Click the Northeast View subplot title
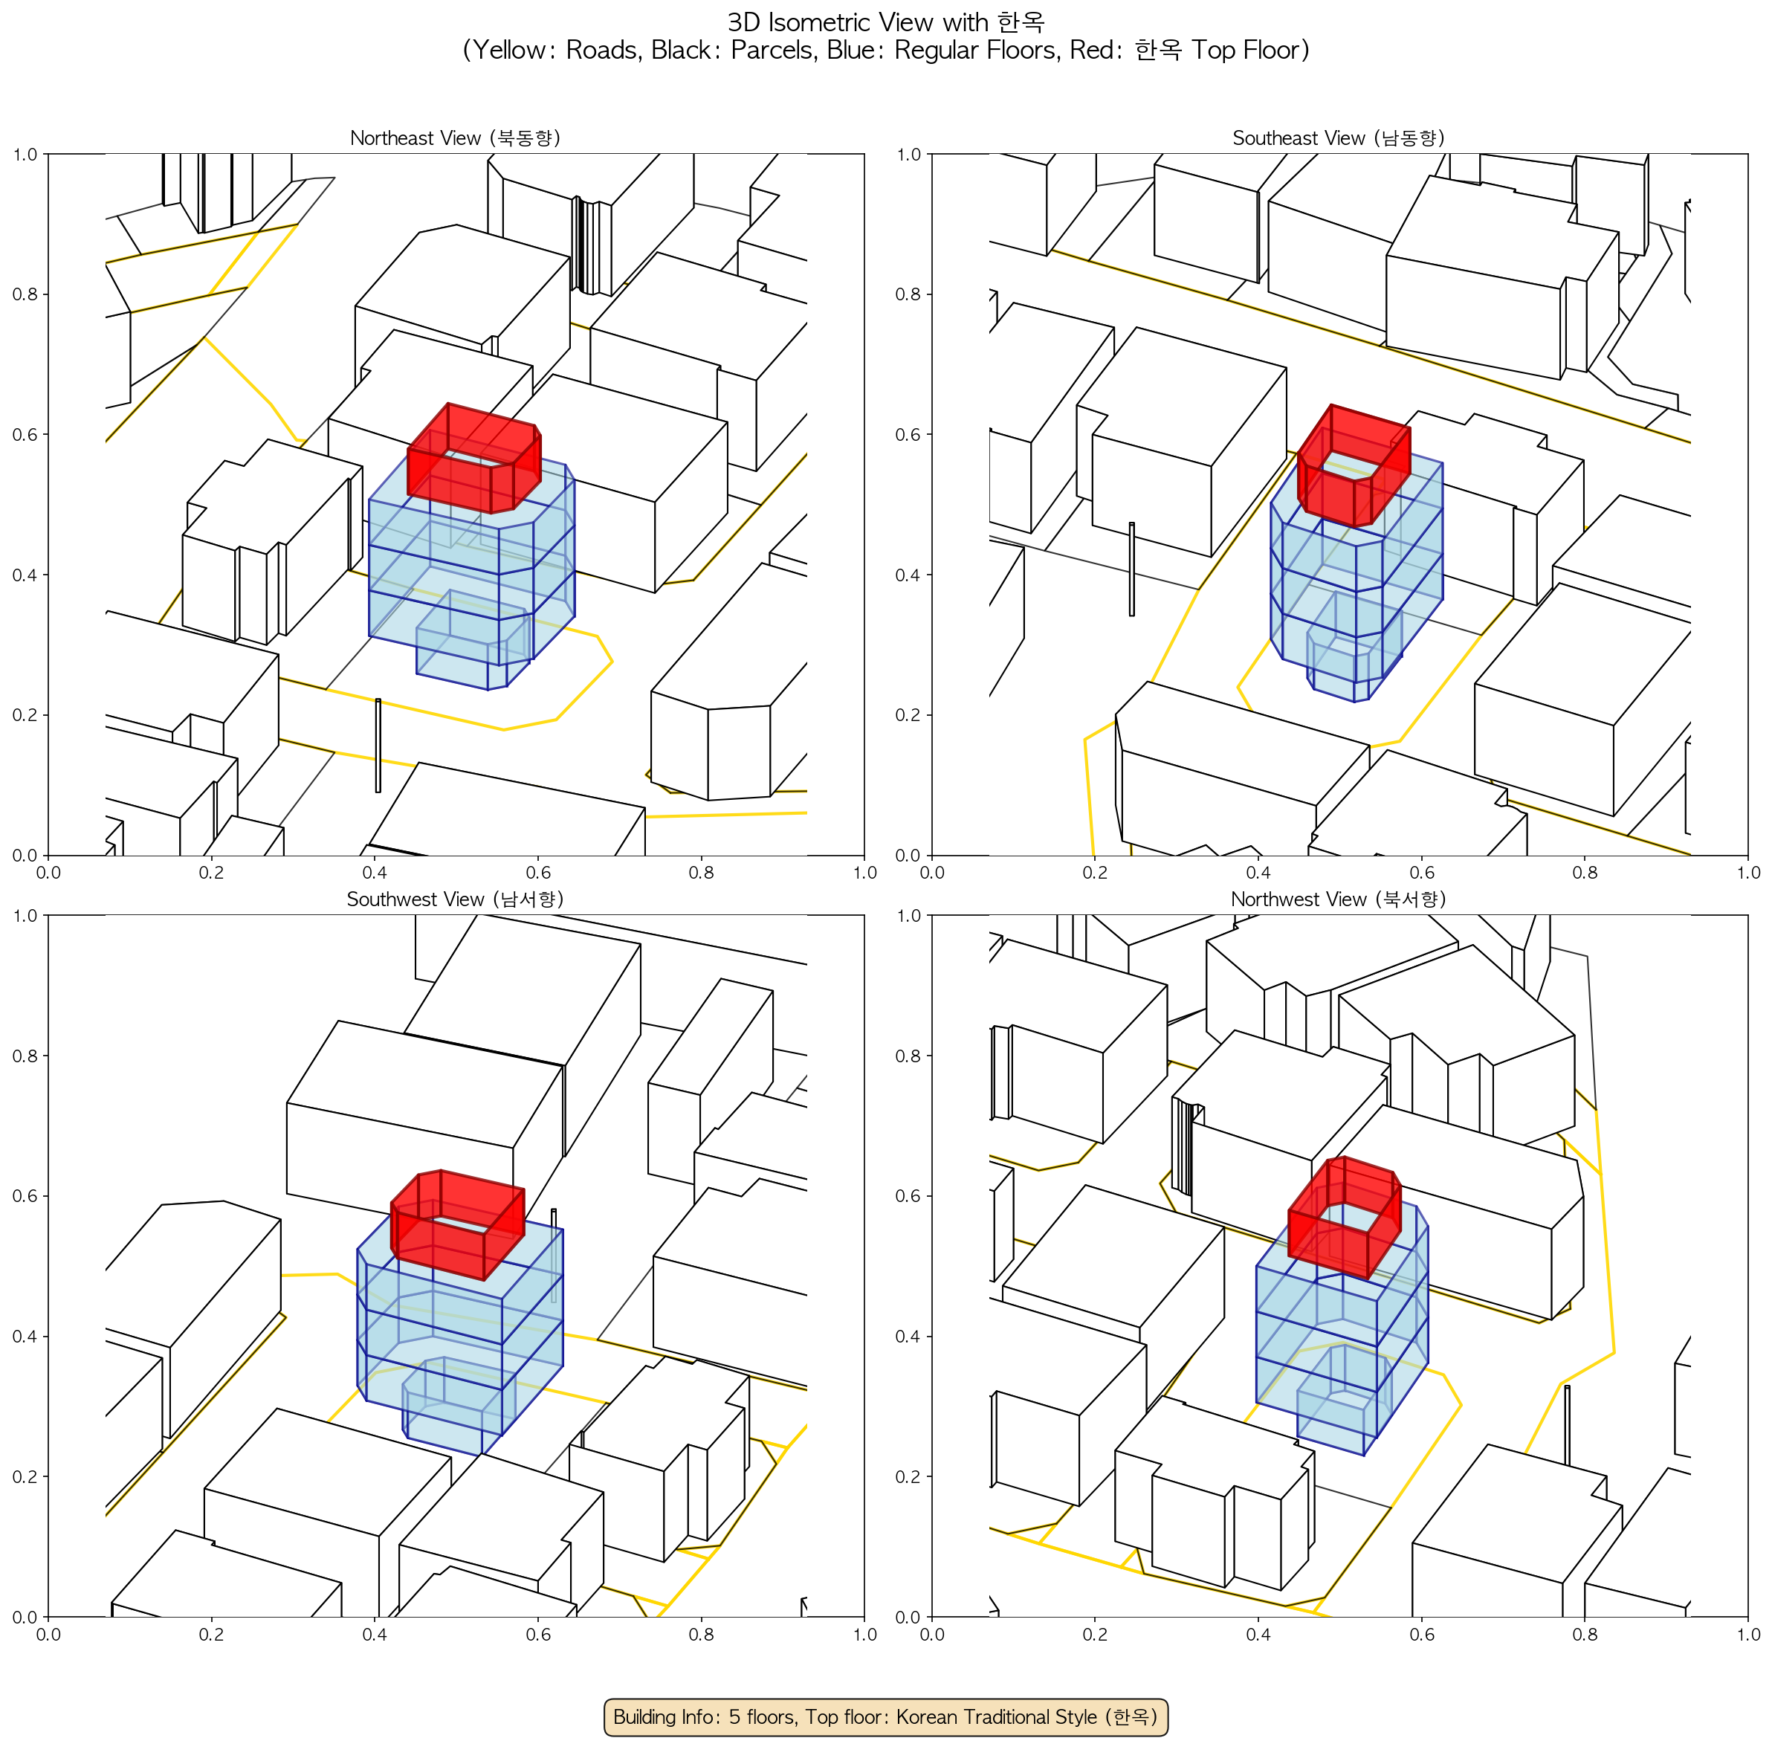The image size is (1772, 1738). (455, 138)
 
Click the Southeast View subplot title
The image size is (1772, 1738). (1339, 138)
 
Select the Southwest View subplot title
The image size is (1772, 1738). (455, 899)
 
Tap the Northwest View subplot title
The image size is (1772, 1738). (1339, 899)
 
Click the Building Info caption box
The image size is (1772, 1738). (885, 1716)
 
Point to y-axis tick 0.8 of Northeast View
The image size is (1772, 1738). (25, 294)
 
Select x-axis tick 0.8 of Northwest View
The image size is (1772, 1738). (1585, 1634)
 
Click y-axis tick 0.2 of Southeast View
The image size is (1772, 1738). (908, 714)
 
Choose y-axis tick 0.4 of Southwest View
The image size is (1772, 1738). (25, 1337)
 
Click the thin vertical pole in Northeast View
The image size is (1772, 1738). (378, 746)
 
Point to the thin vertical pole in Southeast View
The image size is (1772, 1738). (1132, 569)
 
